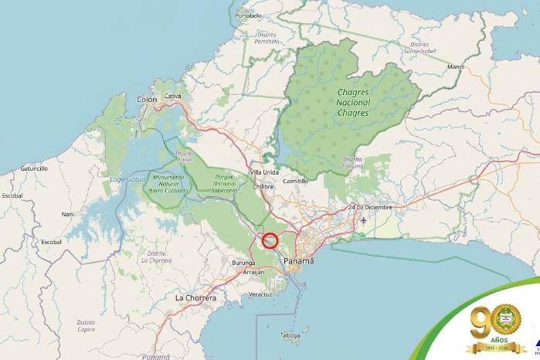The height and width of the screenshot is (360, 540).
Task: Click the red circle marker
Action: coord(270,239)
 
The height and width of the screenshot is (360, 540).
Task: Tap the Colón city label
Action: coord(147,100)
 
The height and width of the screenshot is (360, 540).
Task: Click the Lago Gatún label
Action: coord(127,179)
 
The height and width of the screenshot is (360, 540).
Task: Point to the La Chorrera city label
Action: coord(195,297)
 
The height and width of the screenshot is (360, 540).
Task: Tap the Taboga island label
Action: coord(290,335)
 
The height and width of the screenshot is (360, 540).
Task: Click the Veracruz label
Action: coord(260,294)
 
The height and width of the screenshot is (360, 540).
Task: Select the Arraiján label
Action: coord(253,273)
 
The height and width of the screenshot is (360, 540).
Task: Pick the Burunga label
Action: coord(243,263)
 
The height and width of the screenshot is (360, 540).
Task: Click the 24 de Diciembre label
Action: coord(370,207)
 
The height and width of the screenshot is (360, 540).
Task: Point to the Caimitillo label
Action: coord(296,181)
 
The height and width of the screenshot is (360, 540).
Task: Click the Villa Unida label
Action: coord(264,172)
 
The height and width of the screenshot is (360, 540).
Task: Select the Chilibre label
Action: coord(263,186)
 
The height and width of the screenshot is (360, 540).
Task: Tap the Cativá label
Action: coord(173,97)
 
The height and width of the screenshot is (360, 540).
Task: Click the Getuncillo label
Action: coord(34,168)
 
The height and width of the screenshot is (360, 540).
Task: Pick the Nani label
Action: coord(68,214)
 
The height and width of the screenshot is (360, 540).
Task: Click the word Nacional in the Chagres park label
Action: coord(354,103)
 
